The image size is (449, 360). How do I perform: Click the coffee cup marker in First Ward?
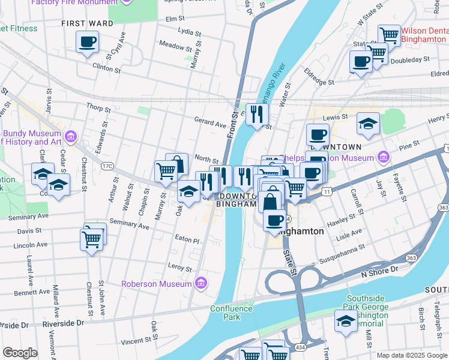pyautogui.click(x=88, y=43)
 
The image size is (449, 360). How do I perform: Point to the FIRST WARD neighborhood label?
pyautogui.click(x=88, y=23)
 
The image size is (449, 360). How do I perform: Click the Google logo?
pyautogui.click(x=20, y=353)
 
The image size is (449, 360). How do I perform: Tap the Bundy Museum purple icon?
pyautogui.click(x=71, y=136)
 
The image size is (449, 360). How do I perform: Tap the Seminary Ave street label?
pyautogui.click(x=129, y=225)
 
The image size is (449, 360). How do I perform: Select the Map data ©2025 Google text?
pyautogui.click(x=411, y=355)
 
